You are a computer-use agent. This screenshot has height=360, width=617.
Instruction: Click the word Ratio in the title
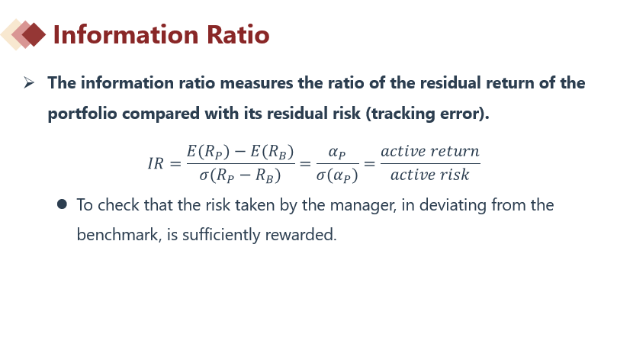pyautogui.click(x=238, y=34)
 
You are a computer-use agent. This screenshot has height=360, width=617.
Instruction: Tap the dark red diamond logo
pyautogui.click(x=34, y=34)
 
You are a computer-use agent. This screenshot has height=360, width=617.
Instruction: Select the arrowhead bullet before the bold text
pyautogui.click(x=29, y=83)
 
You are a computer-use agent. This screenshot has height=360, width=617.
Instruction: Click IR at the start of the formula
pyautogui.click(x=156, y=164)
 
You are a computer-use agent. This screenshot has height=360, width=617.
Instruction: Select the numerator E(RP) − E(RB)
pyautogui.click(x=240, y=152)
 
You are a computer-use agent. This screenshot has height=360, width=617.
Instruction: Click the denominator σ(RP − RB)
pyautogui.click(x=240, y=175)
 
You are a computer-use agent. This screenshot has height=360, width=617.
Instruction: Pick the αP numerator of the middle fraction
pyautogui.click(x=337, y=153)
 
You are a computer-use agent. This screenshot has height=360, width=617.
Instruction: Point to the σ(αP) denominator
pyautogui.click(x=337, y=175)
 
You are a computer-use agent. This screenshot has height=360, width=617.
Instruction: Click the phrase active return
pyautogui.click(x=430, y=151)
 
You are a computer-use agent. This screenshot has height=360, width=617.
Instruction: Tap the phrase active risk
pyautogui.click(x=430, y=175)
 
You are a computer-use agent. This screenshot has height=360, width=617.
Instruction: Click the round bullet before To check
pyautogui.click(x=62, y=204)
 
